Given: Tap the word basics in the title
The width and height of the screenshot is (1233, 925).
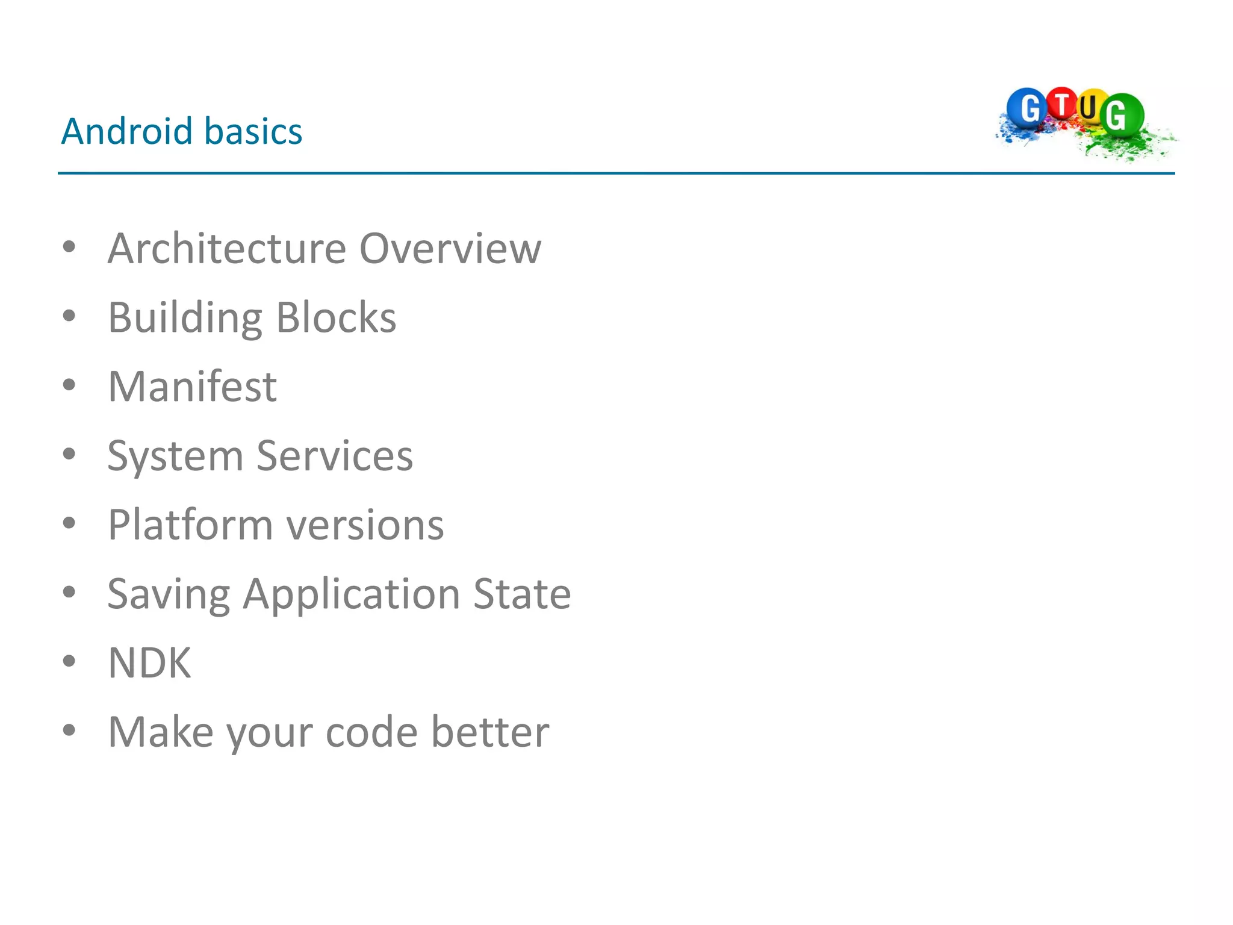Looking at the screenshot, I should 253,131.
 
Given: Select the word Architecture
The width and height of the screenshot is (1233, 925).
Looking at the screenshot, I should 227,248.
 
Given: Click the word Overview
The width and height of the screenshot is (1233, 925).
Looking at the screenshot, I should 450,248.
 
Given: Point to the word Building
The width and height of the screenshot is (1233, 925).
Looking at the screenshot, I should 185,318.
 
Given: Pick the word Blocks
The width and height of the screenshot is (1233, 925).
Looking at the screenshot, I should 336,317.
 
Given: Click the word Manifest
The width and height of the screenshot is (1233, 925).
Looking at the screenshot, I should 192,387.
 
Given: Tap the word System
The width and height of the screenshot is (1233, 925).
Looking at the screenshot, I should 175,456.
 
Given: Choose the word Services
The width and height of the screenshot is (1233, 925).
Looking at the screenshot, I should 335,456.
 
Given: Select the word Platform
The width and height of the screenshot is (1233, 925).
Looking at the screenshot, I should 190,525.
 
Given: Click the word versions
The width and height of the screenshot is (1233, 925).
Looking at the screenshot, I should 365,525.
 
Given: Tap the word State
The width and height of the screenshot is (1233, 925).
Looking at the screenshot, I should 522,594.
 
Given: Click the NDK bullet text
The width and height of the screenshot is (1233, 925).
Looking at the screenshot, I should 149,663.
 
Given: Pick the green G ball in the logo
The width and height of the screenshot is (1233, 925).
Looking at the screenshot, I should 1120,114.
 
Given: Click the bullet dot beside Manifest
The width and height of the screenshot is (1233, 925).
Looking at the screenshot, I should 69,385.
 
